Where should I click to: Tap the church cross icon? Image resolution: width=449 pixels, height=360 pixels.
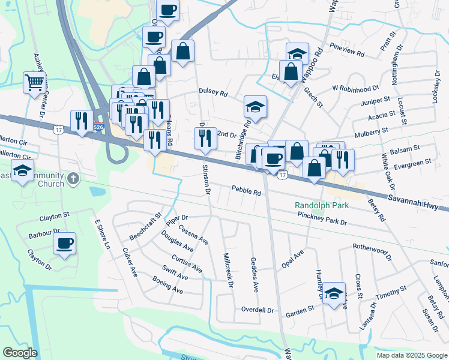click(x=73, y=178)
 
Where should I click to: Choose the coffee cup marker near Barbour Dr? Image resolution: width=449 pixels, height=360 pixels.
click(x=65, y=242)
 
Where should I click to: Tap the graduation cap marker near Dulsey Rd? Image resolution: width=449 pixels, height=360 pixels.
click(x=256, y=106)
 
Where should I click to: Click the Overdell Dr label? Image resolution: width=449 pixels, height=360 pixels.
click(x=257, y=310)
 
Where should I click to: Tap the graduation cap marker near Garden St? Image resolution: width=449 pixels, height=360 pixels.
click(x=334, y=293)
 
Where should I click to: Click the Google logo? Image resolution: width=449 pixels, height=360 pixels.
click(x=20, y=352)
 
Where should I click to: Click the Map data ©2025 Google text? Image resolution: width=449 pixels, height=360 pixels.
click(x=411, y=355)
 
